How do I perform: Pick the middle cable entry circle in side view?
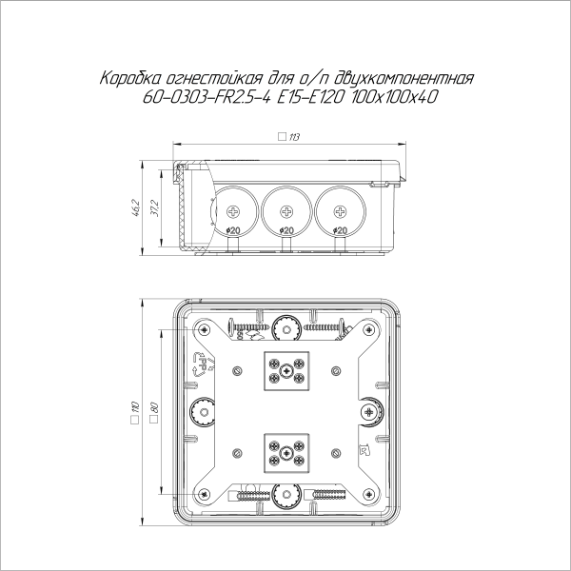tap(285, 209)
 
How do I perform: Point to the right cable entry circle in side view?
tap(338, 209)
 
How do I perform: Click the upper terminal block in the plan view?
tap(285, 371)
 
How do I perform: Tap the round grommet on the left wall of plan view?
tap(202, 411)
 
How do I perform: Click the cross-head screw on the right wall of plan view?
tap(368, 411)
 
